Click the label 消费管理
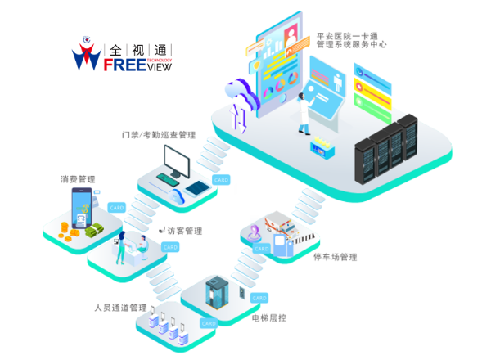pyautogui.click(x=78, y=179)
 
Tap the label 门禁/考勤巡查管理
pyautogui.click(x=158, y=134)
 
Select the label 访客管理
pyautogui.click(x=184, y=231)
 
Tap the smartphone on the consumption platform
pyautogui.click(x=82, y=208)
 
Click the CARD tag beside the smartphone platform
pyautogui.click(x=116, y=208)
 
